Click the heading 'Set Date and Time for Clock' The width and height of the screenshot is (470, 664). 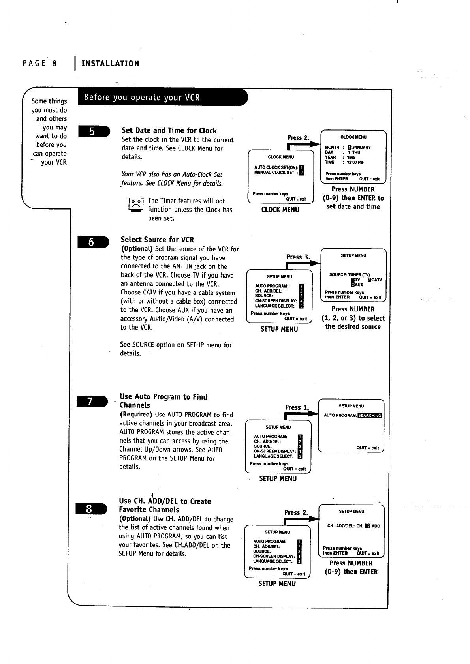pyautogui.click(x=169, y=131)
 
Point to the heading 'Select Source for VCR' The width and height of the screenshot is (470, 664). pyautogui.click(x=157, y=240)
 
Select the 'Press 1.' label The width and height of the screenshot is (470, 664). pyautogui.click(x=296, y=407)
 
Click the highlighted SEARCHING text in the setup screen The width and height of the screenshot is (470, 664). pyautogui.click(x=369, y=415)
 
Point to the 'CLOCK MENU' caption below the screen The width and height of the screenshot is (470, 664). pyautogui.click(x=280, y=210)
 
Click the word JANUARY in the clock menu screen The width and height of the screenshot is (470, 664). pyautogui.click(x=361, y=148)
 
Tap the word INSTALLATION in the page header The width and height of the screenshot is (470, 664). pyautogui.click(x=110, y=64)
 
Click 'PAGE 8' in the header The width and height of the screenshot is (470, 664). pyautogui.click(x=40, y=64)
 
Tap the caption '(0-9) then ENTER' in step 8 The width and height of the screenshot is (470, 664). pyautogui.click(x=351, y=572)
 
